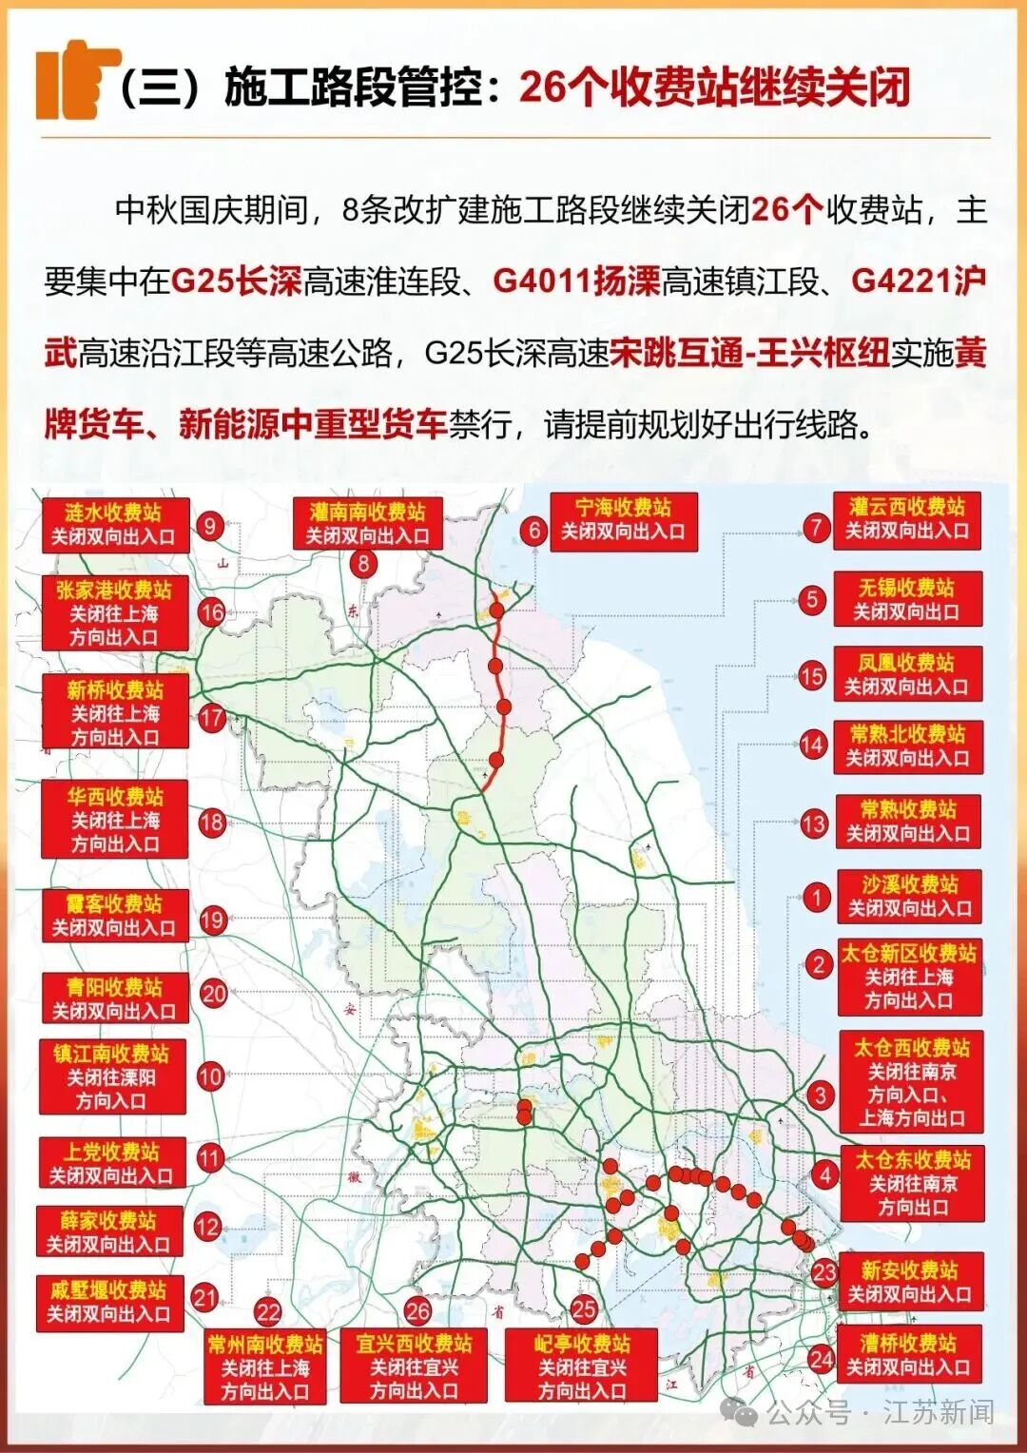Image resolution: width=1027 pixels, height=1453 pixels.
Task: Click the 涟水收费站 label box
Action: coord(114,525)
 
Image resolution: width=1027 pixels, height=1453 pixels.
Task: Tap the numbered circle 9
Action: coord(210,525)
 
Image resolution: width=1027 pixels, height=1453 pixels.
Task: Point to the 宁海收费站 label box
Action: coord(623,520)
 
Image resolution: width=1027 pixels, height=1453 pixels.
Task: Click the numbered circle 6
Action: coord(534,531)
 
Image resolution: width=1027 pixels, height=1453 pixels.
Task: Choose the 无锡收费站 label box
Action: coord(907,599)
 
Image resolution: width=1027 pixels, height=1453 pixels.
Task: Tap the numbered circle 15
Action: coord(811,675)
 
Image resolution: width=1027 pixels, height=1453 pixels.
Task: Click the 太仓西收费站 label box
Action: coord(911,1082)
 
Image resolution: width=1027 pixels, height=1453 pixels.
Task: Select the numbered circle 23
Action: coord(824,1272)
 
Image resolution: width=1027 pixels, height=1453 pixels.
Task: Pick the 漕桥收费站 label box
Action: coord(908,1355)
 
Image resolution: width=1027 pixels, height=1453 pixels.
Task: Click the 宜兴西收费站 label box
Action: coord(414,1366)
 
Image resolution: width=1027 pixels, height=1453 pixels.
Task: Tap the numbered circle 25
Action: coord(584,1308)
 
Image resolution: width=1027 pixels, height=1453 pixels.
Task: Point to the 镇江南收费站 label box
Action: coord(111,1076)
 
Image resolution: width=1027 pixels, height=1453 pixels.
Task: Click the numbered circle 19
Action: coord(212,920)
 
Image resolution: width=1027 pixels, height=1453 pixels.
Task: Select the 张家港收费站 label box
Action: coord(114,612)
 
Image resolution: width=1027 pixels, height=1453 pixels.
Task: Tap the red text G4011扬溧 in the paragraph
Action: coord(576,281)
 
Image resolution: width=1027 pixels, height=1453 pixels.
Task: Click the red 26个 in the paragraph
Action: coord(785,209)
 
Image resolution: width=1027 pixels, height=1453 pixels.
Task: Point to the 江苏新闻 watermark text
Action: coord(938,1412)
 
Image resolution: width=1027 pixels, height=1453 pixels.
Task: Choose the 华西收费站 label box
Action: coord(114,820)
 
